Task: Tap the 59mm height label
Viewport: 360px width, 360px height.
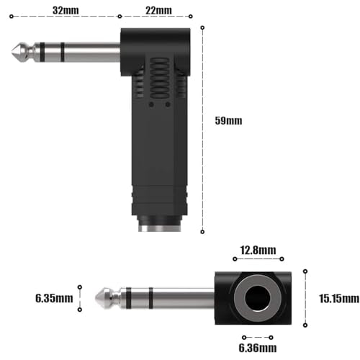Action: [x=229, y=120]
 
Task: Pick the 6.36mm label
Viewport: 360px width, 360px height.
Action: [x=257, y=348]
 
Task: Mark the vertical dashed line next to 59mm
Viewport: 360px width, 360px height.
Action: [x=202, y=130]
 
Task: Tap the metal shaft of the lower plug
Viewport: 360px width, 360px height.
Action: [x=166, y=297]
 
